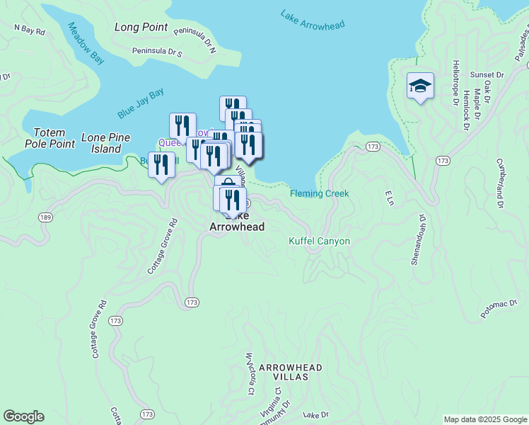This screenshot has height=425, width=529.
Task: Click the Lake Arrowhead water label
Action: click(x=312, y=20)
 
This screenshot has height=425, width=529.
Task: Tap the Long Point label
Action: click(x=141, y=28)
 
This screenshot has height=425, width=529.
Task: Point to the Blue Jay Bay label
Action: click(x=141, y=103)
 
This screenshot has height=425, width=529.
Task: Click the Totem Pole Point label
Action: click(x=50, y=138)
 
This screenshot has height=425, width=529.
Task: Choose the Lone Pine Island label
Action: click(x=101, y=144)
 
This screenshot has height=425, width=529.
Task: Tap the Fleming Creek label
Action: click(x=319, y=193)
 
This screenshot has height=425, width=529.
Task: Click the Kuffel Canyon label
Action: click(x=319, y=241)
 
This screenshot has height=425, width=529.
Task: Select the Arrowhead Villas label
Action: click(x=290, y=373)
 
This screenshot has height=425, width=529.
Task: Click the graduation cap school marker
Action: click(x=420, y=86)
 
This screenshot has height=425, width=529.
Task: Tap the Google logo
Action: click(x=23, y=416)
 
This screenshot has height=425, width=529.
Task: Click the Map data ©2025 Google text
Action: click(x=484, y=419)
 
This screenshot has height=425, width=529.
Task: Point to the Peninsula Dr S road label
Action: click(x=156, y=52)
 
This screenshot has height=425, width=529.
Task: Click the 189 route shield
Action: click(x=45, y=217)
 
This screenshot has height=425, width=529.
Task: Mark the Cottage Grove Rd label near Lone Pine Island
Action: click(x=163, y=246)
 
